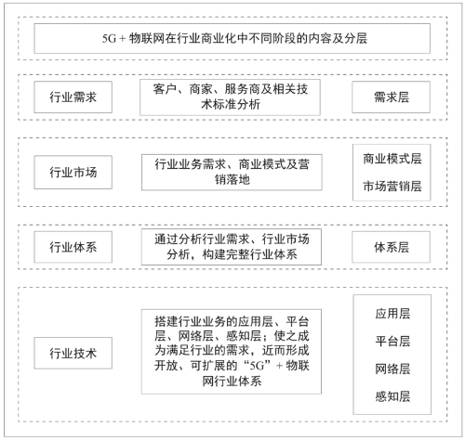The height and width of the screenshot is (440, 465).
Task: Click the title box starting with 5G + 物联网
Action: point(232,38)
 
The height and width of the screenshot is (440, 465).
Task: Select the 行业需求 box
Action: point(73,97)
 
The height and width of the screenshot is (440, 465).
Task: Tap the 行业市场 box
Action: point(73,173)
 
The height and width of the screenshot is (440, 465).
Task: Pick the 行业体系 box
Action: point(73,247)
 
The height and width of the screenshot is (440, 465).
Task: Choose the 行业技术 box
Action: point(73,353)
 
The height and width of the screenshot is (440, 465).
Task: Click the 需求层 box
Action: point(392,97)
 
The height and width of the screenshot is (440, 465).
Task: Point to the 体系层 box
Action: point(392,247)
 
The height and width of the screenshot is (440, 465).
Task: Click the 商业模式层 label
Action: point(392,159)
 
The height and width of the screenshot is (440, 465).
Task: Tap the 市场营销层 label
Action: point(392,187)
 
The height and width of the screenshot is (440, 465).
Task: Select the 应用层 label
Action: point(392,314)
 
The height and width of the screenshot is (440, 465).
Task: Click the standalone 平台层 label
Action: point(392,341)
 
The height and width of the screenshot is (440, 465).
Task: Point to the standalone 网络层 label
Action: point(392,369)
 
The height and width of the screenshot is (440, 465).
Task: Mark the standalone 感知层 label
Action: point(392,396)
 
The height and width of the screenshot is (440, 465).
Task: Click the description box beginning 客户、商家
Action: point(230,97)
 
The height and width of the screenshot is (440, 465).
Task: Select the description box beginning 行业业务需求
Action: point(232,173)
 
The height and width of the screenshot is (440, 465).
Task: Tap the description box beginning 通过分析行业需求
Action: point(232,247)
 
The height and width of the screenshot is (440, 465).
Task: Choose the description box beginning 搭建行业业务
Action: point(232,352)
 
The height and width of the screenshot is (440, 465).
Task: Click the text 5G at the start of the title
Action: point(109,39)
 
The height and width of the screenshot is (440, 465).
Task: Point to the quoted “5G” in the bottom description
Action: point(257,366)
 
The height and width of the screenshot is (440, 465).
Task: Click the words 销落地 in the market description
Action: point(232,180)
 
